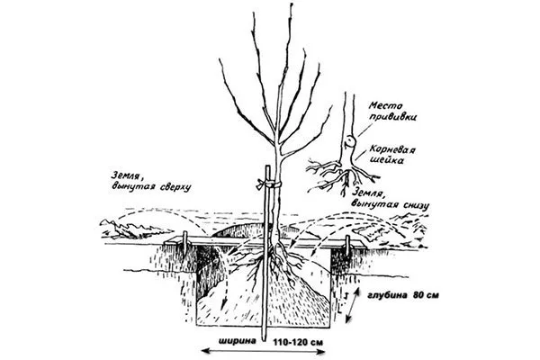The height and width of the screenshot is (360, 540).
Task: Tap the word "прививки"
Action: pyautogui.click(x=393, y=116)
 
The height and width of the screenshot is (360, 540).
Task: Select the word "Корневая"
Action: pyautogui.click(x=392, y=150)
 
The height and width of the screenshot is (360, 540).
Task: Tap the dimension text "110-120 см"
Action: pyautogui.click(x=299, y=342)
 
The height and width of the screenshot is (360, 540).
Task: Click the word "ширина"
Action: pyautogui.click(x=238, y=342)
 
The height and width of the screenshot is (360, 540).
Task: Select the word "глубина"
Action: pyautogui.click(x=387, y=295)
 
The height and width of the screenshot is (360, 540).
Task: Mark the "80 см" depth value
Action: pyautogui.click(x=425, y=295)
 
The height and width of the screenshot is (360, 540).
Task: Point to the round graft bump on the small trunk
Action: pyautogui.click(x=349, y=141)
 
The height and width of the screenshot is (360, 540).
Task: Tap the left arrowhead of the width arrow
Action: pyautogui.click(x=204, y=351)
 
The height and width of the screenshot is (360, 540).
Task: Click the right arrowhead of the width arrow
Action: pyautogui.click(x=322, y=352)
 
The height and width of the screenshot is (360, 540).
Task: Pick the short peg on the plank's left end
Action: pyautogui.click(x=184, y=241)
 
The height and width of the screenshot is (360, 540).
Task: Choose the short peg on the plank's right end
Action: pyautogui.click(x=347, y=245)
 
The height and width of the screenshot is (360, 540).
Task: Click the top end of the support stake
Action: pyautogui.click(x=267, y=166)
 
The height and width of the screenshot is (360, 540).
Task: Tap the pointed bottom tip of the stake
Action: pyautogui.click(x=264, y=340)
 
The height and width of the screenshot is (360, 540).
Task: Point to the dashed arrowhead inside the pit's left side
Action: pyautogui.click(x=223, y=304)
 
